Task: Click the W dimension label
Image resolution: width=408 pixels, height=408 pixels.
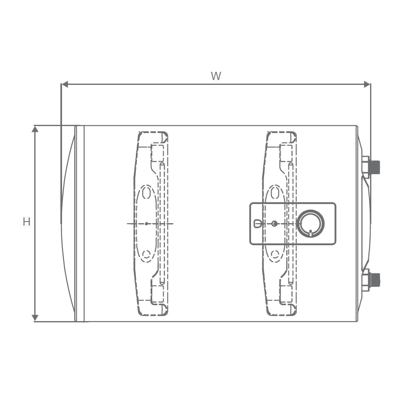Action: [x=216, y=76]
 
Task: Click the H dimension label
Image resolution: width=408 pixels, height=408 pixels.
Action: [x=27, y=222]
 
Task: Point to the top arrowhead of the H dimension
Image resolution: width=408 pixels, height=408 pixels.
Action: [x=35, y=129]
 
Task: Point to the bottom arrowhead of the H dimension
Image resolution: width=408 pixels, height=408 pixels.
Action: [x=35, y=318]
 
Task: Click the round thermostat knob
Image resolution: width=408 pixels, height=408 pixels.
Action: [x=310, y=224]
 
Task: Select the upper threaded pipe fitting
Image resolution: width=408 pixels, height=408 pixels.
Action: [x=372, y=167]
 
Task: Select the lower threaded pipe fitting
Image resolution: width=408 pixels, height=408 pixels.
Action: [x=372, y=280]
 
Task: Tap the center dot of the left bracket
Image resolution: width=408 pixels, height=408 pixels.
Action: [x=146, y=224]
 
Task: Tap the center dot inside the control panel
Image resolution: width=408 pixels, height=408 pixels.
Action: [x=274, y=224]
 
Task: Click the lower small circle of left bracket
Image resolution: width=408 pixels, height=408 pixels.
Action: [x=146, y=255]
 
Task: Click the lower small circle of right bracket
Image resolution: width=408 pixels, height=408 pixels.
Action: [x=275, y=255]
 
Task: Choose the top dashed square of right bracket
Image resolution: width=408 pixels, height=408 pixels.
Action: [x=286, y=153]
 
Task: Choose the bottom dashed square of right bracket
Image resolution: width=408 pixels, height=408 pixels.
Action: [x=286, y=294]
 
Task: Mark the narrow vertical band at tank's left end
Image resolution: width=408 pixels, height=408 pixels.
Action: [x=80, y=224]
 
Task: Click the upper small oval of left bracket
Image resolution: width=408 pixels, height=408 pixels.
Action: [x=146, y=193]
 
